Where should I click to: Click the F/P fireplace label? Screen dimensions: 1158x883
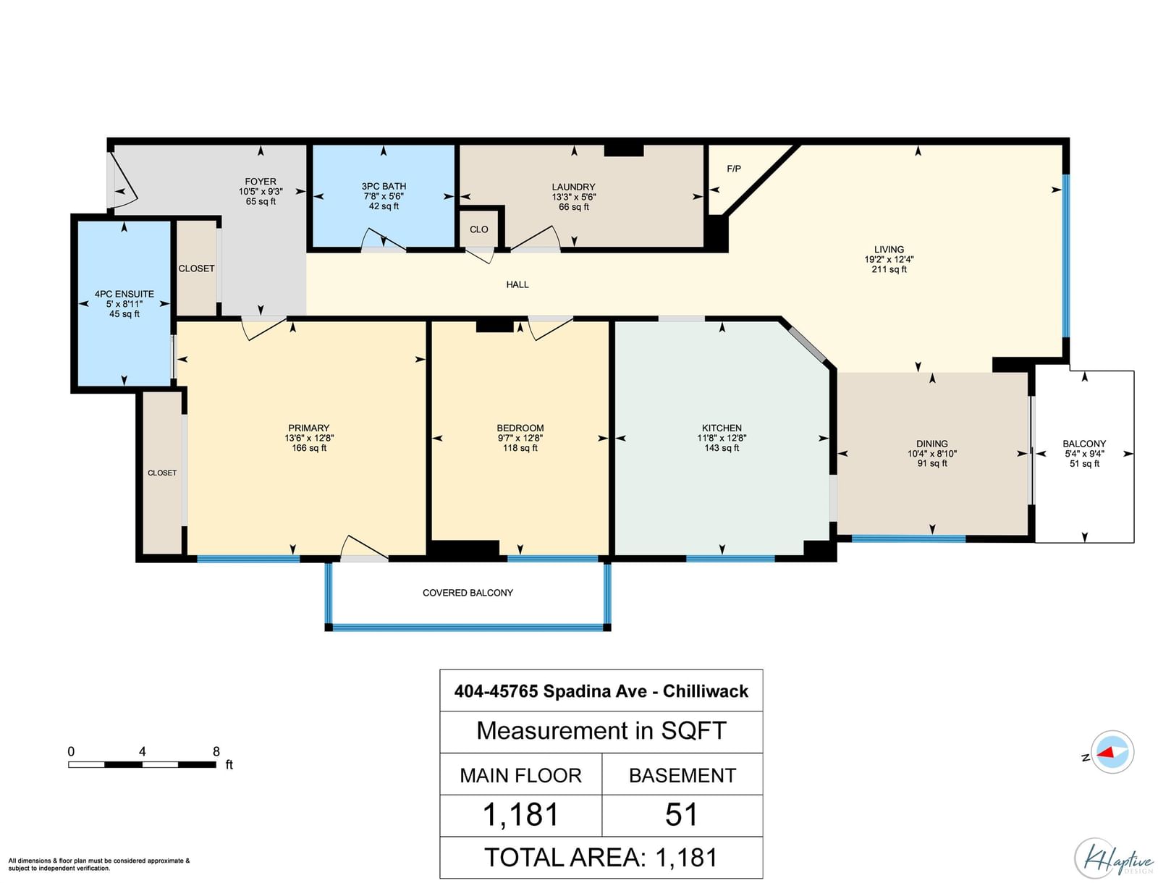(x=733, y=169)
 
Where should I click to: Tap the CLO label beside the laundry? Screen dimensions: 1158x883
(x=478, y=229)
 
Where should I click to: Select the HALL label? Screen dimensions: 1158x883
(x=517, y=285)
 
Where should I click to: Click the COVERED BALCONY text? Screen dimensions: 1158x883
(x=468, y=593)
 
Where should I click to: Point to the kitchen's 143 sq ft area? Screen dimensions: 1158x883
(x=722, y=448)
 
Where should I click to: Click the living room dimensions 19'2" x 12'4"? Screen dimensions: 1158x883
(x=889, y=260)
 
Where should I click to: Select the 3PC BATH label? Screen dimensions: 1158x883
(x=384, y=186)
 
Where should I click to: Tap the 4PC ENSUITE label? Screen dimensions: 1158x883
(x=124, y=295)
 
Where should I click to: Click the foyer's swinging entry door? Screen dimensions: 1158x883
(x=125, y=180)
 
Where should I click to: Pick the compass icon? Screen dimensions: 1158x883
(x=1112, y=752)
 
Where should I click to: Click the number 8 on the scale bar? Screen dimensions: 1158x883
(x=216, y=751)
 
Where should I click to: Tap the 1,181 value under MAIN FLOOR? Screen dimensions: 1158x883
(x=520, y=815)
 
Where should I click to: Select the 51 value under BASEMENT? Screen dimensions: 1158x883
(x=682, y=815)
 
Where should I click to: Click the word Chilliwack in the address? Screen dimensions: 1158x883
(x=706, y=691)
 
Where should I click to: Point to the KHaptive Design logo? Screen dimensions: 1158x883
(x=1113, y=858)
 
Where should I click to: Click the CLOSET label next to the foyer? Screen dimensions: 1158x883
(x=196, y=269)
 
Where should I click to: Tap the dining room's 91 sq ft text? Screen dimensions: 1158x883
(x=931, y=464)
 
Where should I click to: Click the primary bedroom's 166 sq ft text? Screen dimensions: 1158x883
(x=309, y=448)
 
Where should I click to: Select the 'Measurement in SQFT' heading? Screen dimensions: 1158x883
(x=601, y=731)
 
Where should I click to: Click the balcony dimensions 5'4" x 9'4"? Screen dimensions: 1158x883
(x=1084, y=454)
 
